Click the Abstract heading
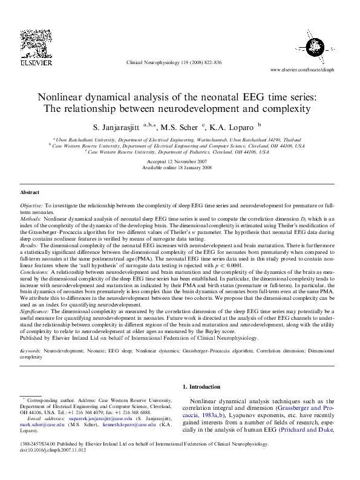click(30, 192)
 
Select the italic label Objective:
click(32, 206)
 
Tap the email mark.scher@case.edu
click(43, 424)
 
